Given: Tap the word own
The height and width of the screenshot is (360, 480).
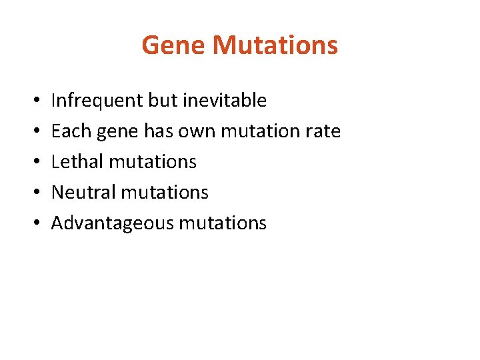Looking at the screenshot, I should click(x=195, y=132).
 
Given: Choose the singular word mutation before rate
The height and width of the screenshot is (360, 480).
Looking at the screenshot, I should click(x=259, y=131).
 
